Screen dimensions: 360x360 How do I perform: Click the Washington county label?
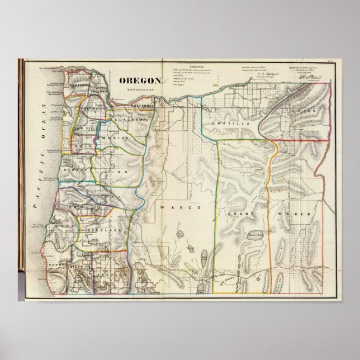click(93, 109)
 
